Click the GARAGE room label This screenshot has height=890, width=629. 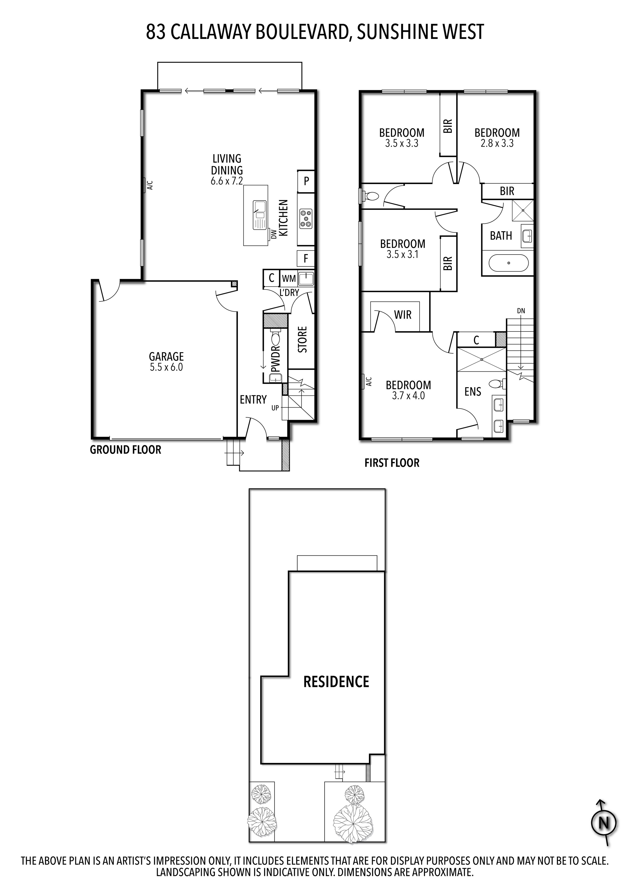pyautogui.click(x=166, y=356)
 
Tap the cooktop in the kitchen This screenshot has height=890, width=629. pyautogui.click(x=306, y=218)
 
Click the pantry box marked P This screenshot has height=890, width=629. pyautogui.click(x=306, y=181)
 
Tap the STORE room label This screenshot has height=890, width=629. pyautogui.click(x=302, y=340)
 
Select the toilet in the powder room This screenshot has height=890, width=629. pyautogui.click(x=276, y=338)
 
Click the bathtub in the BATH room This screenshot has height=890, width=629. pyautogui.click(x=508, y=263)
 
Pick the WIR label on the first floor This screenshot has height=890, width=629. pyautogui.click(x=403, y=315)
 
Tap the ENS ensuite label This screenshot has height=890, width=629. pyautogui.click(x=473, y=392)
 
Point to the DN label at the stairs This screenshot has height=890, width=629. pyautogui.click(x=521, y=310)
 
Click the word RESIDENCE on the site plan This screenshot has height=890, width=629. pyautogui.click(x=336, y=681)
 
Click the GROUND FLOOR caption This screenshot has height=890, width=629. pyautogui.click(x=126, y=450)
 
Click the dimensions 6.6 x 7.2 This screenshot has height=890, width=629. pyautogui.click(x=227, y=181)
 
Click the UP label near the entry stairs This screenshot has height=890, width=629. pyautogui.click(x=275, y=408)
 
